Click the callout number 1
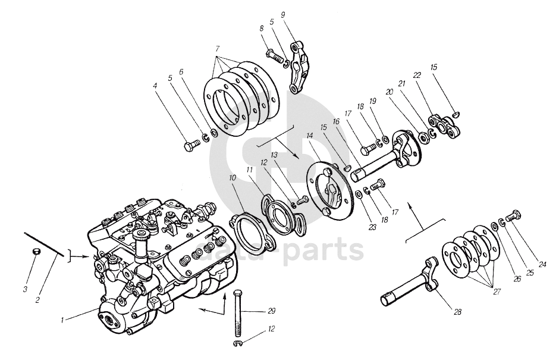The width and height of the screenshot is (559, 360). click(x=62, y=320)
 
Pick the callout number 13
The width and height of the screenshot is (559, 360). click(x=275, y=155)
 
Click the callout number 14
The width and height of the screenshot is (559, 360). click(x=309, y=136)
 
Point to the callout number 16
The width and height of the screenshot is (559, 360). click(x=336, y=121)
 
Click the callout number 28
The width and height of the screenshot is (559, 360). click(x=457, y=311)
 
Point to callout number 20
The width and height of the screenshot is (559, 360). click(x=390, y=93)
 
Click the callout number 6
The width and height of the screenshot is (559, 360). click(x=181, y=71)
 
